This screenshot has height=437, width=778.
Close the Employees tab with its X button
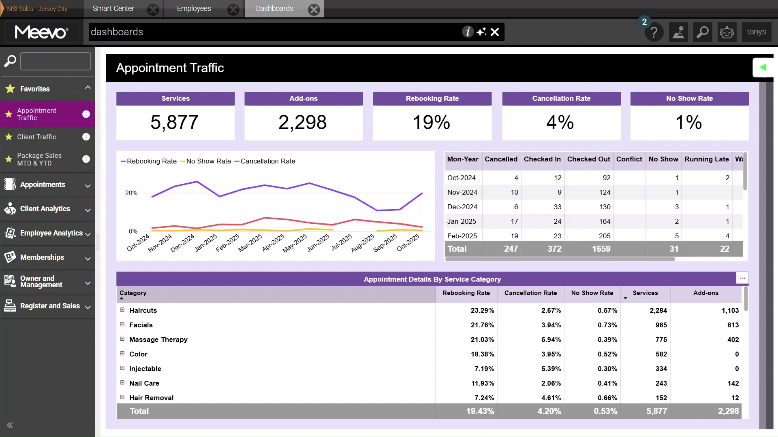click(233, 10)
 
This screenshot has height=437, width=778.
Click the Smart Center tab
click(113, 8)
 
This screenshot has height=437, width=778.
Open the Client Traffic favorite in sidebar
click(36, 137)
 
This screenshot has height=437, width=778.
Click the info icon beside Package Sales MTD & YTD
click(86, 159)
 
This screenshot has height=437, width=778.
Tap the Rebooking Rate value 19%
click(432, 122)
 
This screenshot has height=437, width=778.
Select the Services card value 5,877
click(175, 122)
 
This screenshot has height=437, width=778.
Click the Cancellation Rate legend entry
click(267, 161)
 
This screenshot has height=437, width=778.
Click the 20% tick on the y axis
click(131, 193)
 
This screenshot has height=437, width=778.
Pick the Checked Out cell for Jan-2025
click(605, 221)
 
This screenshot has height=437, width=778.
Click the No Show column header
click(663, 159)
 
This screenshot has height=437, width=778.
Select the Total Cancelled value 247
click(511, 249)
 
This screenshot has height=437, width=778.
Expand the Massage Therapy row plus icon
click(122, 339)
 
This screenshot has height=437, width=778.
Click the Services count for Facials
click(661, 325)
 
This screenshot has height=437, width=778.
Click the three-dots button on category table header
click(742, 278)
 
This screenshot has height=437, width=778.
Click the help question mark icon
click(654, 32)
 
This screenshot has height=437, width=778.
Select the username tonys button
click(756, 32)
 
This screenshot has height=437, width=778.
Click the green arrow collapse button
click(763, 67)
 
